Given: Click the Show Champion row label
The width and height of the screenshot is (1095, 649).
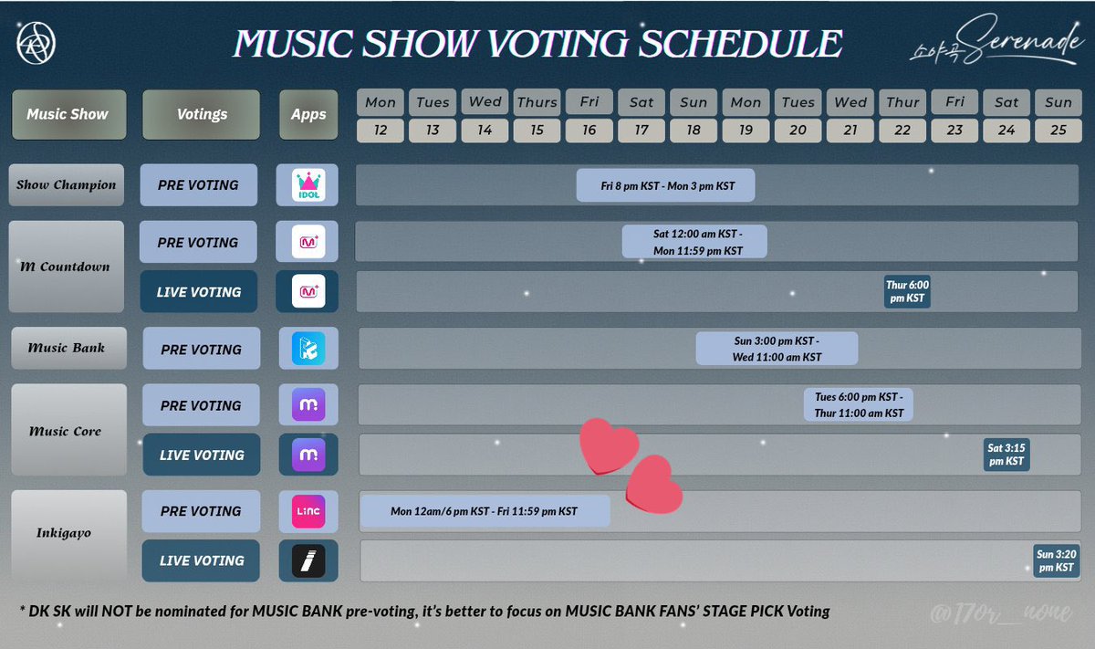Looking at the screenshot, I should coord(66,185).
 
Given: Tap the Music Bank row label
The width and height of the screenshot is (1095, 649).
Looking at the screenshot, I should coord(67,348).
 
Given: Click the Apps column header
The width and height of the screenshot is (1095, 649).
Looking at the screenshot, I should coord(308,115).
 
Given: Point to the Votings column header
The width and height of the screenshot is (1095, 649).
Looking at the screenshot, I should coord(201,115).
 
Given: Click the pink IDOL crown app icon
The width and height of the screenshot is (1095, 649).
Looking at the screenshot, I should coord(307,185).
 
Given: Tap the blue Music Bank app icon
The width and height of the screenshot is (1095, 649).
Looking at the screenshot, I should coord(308,350).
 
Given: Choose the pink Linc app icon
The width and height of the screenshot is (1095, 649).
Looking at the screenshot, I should coord(308,511).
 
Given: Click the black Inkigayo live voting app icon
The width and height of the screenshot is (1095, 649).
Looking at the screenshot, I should coord(308,560).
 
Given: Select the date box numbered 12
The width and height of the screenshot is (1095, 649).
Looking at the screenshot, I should coord(381,131).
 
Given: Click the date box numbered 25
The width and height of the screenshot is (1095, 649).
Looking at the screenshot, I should coord(1058,131).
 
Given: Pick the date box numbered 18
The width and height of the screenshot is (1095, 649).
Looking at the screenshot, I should coord(693,131).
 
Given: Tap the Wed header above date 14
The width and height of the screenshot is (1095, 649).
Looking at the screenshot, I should coord(485,102).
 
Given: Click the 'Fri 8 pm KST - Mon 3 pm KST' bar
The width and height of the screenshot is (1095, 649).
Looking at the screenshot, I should coord(666,185).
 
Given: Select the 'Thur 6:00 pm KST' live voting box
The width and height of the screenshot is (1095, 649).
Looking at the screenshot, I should coord(907,292).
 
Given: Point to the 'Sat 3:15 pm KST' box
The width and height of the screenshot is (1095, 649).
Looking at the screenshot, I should coord(1006,455).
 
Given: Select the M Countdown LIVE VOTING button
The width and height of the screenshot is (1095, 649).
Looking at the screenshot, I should coord(199,292).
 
